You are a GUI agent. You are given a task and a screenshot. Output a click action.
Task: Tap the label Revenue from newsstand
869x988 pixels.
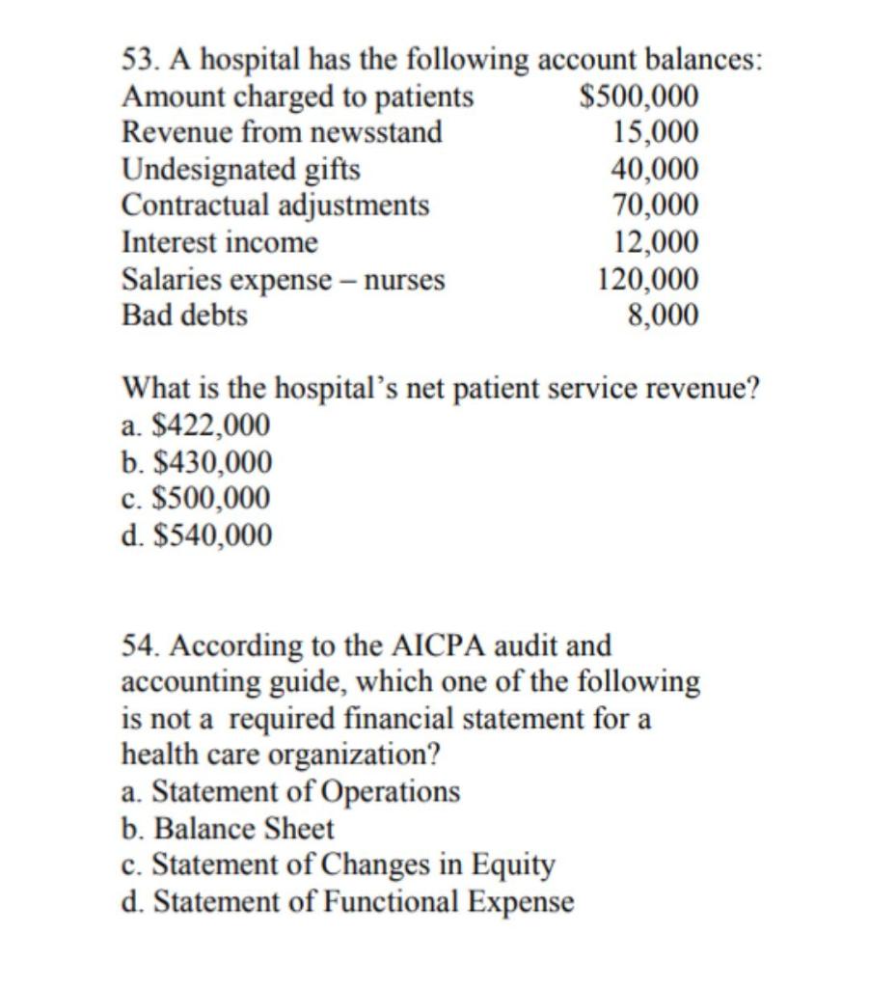coord(282,132)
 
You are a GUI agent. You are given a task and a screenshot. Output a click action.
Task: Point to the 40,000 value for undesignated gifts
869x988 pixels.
coord(655,169)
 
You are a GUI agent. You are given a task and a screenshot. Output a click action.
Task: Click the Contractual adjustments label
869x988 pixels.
coord(276,205)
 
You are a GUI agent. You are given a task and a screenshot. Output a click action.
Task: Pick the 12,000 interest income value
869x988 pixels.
coord(655,241)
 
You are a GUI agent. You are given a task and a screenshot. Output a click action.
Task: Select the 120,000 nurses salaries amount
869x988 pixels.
coord(648,279)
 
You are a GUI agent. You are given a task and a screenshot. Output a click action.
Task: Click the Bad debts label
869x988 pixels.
coord(184,315)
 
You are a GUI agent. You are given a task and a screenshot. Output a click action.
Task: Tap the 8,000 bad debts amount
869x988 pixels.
coord(662,315)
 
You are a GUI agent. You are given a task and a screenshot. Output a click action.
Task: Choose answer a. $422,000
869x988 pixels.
coord(196,425)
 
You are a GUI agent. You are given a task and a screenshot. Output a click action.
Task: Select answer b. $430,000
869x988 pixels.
coord(197,461)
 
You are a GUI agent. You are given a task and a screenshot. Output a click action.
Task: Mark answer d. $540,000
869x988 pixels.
coord(197,534)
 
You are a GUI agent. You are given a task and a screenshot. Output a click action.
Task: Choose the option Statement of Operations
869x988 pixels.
coord(291,791)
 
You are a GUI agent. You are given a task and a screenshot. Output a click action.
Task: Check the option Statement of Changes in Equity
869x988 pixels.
coord(339,864)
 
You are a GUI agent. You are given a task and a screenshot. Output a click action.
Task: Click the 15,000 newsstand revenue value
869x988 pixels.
coord(655,132)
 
